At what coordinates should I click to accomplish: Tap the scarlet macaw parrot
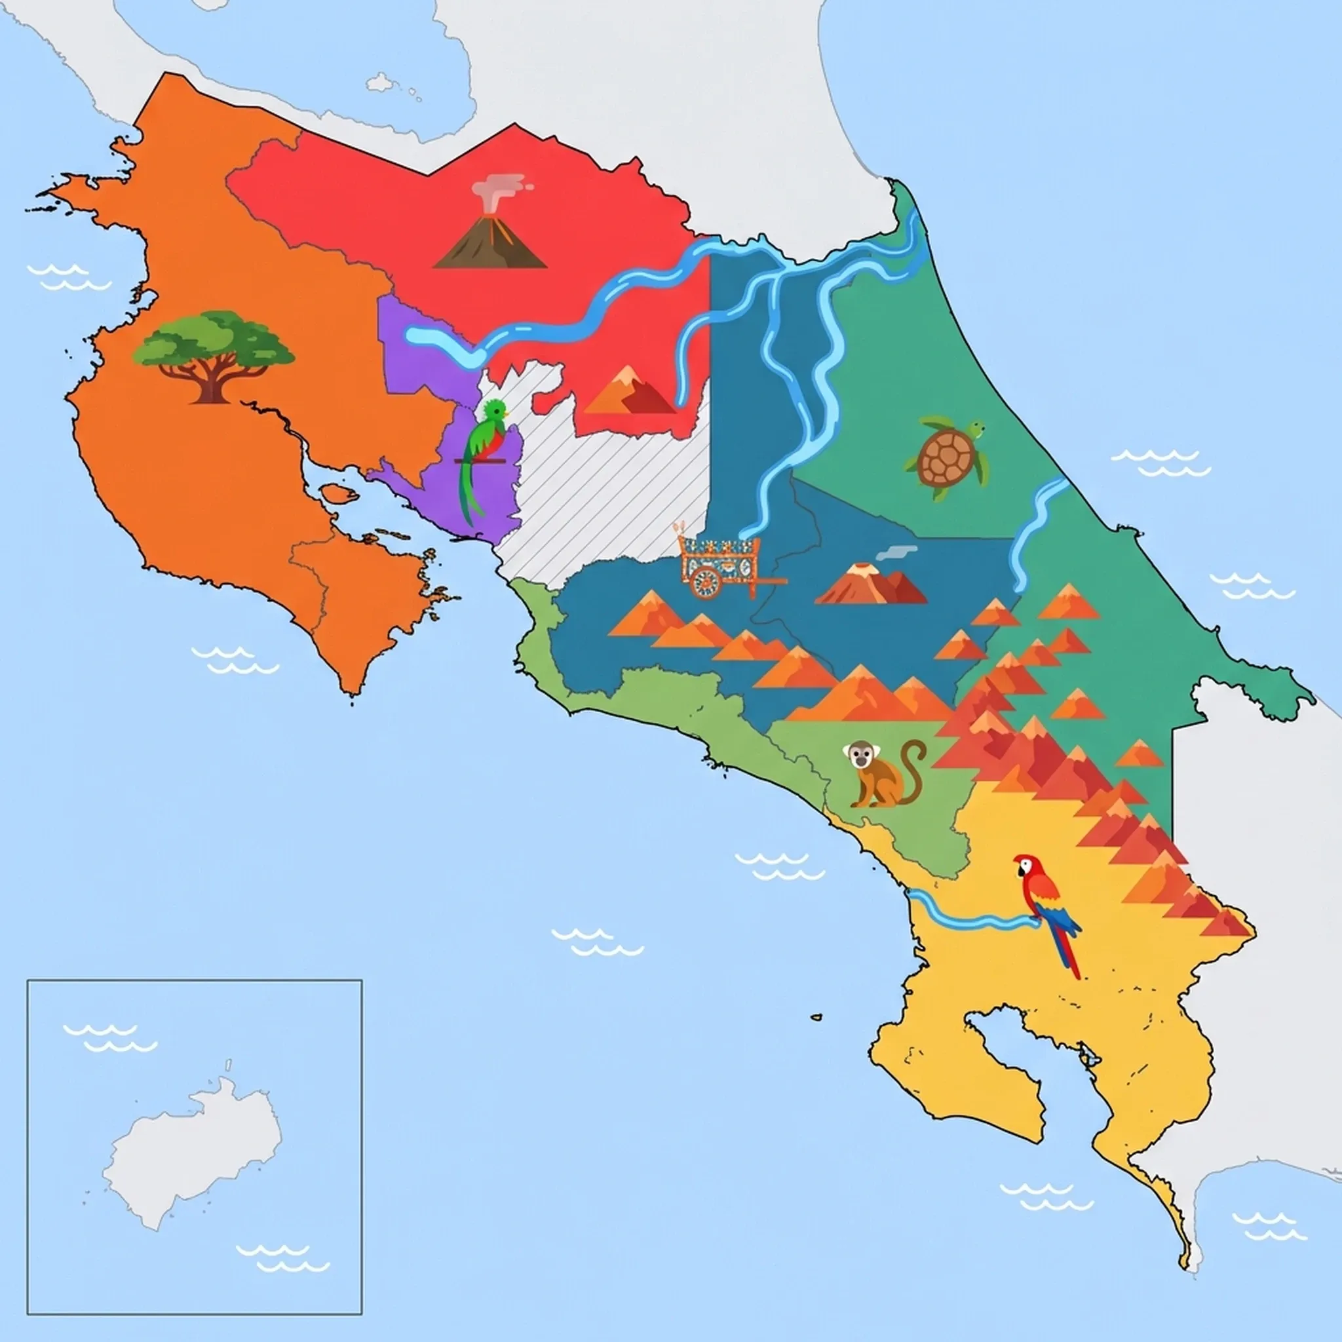(1042, 903)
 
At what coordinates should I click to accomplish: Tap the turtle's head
(976, 431)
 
